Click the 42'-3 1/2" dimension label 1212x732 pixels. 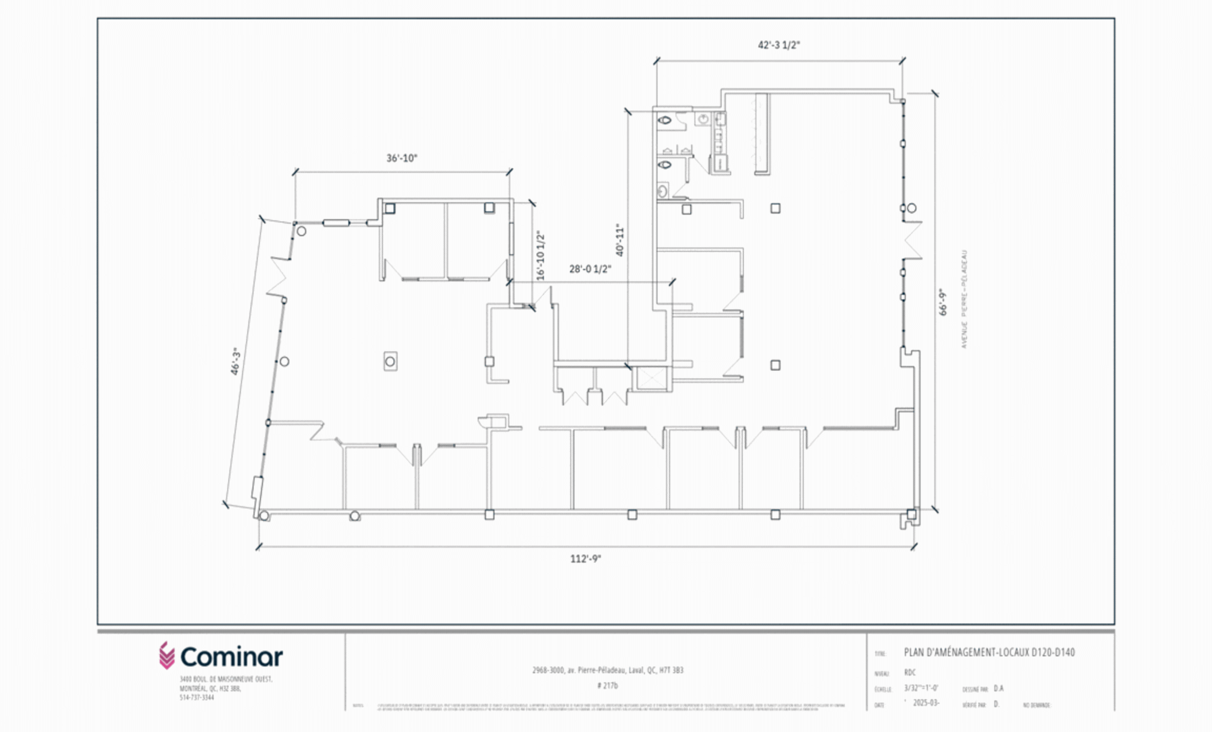[x=778, y=45]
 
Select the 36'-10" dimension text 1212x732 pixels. [x=401, y=158]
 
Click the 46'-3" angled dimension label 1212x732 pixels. [x=236, y=362]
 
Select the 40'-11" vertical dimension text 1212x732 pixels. [x=620, y=240]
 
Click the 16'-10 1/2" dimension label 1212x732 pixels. [x=540, y=256]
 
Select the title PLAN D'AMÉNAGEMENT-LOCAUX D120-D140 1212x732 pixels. [x=989, y=652]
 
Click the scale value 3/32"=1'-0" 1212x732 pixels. [x=921, y=688]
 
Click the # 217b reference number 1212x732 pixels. [x=607, y=685]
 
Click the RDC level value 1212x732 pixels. [x=909, y=672]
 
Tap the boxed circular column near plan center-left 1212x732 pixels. [x=390, y=362]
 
